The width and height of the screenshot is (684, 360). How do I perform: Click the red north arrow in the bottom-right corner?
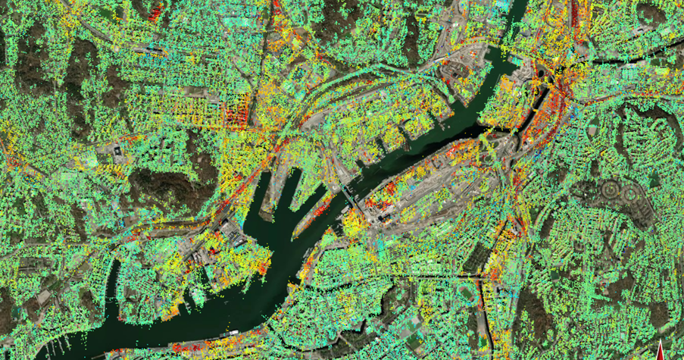click(661, 352)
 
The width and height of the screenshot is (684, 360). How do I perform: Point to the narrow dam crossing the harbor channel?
click(348, 199)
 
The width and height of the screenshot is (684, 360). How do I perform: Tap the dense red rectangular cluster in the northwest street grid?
click(236, 114)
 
